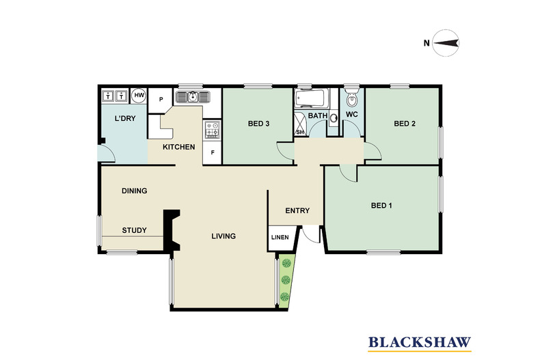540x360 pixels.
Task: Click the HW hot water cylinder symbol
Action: (139, 96)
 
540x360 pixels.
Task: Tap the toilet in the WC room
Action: (351, 99)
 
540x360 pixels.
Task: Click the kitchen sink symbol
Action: (193, 97)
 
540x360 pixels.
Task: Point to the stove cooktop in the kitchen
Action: (212, 130)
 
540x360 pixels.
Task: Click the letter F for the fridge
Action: (213, 152)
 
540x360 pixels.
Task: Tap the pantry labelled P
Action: (161, 100)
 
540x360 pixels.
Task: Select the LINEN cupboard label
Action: (280, 238)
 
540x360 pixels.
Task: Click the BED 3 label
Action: (258, 124)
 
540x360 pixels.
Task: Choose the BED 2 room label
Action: (405, 124)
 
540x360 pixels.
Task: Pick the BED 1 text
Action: (381, 206)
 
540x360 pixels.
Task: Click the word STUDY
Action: (134, 230)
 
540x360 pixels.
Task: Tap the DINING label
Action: (134, 191)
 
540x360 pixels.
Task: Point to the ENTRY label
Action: (297, 210)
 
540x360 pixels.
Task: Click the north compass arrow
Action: (446, 43)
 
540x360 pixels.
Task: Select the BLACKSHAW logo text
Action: (420, 342)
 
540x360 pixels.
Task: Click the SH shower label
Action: (300, 132)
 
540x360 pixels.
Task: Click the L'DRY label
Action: (125, 118)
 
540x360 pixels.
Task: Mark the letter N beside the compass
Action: (427, 43)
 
